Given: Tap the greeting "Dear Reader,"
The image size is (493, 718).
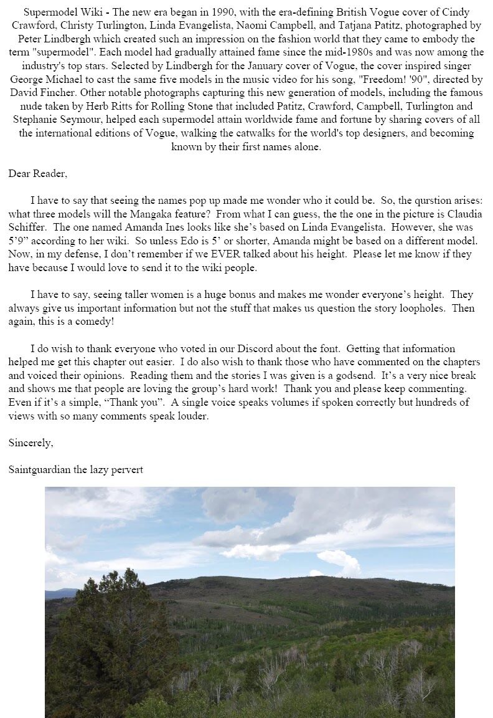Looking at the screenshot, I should click(37, 174).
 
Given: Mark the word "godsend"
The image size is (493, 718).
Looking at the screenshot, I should click(324, 375).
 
